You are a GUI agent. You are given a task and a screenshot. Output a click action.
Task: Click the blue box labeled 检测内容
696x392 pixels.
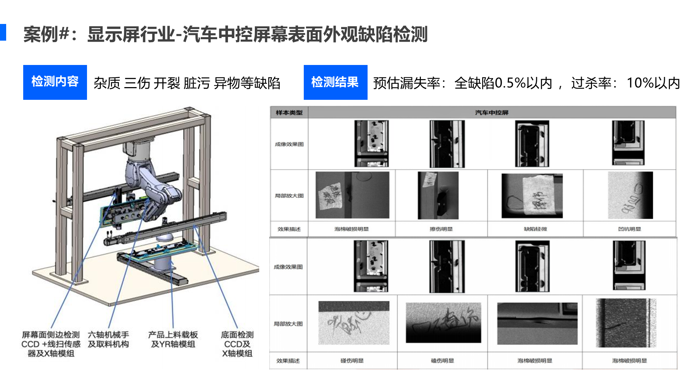click(x=55, y=82)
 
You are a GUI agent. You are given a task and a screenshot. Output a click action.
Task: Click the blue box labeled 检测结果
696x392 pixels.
click(x=335, y=82)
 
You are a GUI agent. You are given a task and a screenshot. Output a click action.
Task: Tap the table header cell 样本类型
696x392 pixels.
click(x=289, y=113)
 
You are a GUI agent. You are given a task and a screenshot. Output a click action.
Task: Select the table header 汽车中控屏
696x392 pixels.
click(x=492, y=113)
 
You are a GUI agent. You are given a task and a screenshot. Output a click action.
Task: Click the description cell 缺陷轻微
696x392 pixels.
click(x=535, y=229)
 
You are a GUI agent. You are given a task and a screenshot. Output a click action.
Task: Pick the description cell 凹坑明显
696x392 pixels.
click(x=629, y=229)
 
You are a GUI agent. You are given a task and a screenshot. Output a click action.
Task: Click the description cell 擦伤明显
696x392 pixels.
click(x=441, y=229)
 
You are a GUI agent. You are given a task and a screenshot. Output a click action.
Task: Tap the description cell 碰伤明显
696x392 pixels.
click(x=352, y=360)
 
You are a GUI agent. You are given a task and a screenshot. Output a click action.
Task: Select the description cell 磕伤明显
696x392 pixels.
click(x=442, y=360)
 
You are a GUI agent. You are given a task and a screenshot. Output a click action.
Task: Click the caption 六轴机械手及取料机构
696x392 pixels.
click(x=108, y=339)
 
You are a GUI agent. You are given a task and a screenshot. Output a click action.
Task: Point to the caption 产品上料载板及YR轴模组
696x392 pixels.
click(x=173, y=339)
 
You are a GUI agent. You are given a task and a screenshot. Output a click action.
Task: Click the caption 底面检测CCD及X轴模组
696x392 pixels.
click(x=237, y=344)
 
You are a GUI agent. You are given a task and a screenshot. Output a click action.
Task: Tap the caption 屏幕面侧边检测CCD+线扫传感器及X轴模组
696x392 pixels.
click(x=51, y=344)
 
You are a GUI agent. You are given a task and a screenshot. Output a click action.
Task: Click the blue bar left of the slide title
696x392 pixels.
click(x=3, y=32)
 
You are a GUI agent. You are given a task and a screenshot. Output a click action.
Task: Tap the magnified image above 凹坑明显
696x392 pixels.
click(x=630, y=195)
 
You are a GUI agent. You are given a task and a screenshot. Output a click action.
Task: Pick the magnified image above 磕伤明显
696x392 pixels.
click(x=443, y=323)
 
